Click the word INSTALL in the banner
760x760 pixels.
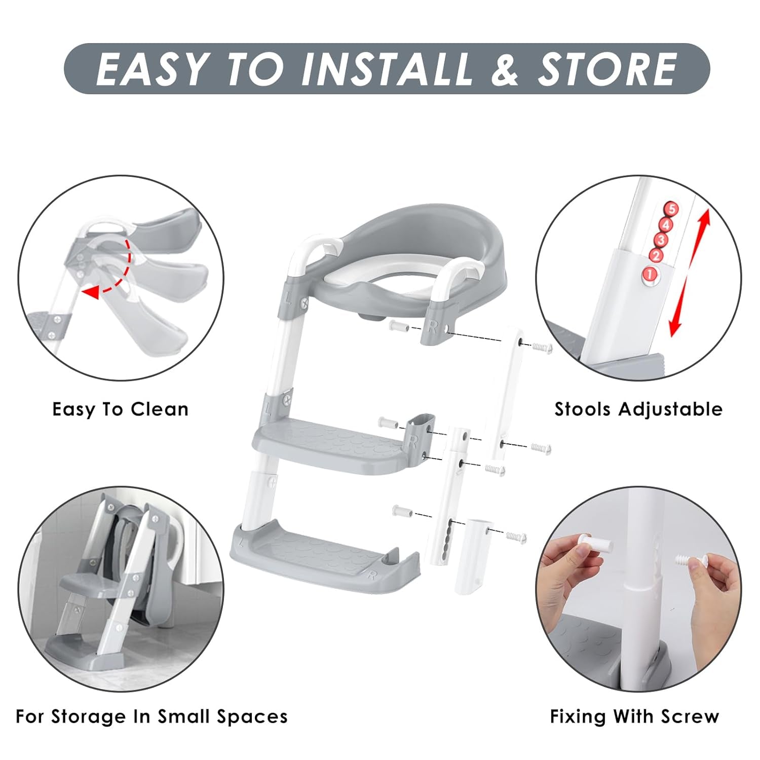pyautogui.click(x=386, y=69)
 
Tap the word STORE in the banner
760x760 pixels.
pyautogui.click(x=606, y=69)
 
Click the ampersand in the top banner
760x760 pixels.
pyautogui.click(x=505, y=69)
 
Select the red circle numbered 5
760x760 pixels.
pyautogui.click(x=672, y=209)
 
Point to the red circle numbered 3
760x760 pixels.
pyautogui.click(x=660, y=240)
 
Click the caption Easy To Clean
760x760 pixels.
pyautogui.click(x=120, y=409)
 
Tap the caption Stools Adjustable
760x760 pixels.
pyautogui.click(x=638, y=409)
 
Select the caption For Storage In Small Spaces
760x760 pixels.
pyautogui.click(x=151, y=716)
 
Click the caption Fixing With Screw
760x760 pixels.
pyautogui.click(x=634, y=716)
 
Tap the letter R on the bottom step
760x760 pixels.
pyautogui.click(x=372, y=575)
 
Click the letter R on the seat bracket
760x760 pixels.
pyautogui.click(x=432, y=327)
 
